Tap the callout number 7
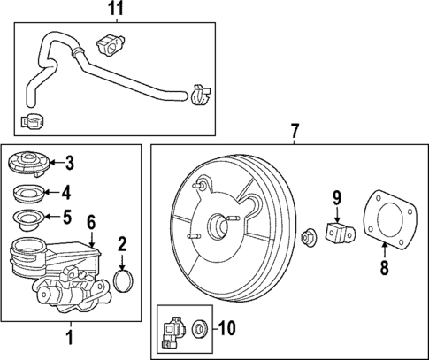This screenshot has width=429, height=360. click(295, 132)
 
